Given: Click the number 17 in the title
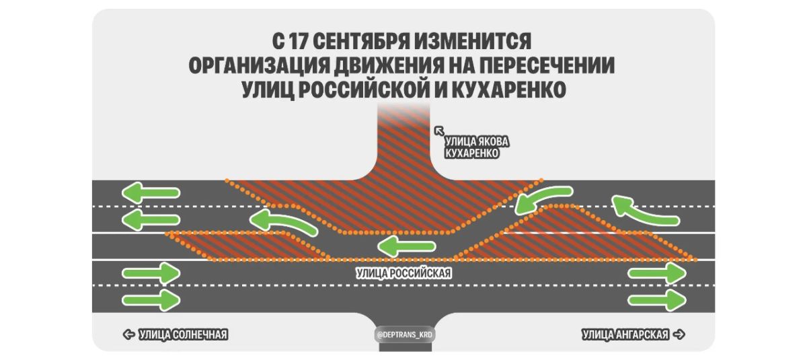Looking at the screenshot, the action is [297, 42].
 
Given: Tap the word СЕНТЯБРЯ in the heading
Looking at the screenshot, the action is [361, 42].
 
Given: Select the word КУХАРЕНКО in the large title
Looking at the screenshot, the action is [508, 89].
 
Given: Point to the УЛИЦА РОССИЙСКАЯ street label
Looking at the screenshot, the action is [403, 273].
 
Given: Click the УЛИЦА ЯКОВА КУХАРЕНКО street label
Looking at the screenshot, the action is [476, 147].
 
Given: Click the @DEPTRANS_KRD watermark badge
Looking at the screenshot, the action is [404, 335].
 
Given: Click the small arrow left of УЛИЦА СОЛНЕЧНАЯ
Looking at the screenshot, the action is [128, 334].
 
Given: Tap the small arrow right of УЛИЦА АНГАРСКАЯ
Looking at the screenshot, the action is [679, 334].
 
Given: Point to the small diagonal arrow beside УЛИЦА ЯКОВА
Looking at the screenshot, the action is [439, 131].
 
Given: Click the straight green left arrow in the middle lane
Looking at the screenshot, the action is [406, 246].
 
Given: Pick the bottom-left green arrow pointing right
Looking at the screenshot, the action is [151, 300].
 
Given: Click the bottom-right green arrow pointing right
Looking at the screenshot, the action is [657, 300].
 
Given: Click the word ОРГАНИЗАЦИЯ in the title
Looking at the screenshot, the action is [259, 65].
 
